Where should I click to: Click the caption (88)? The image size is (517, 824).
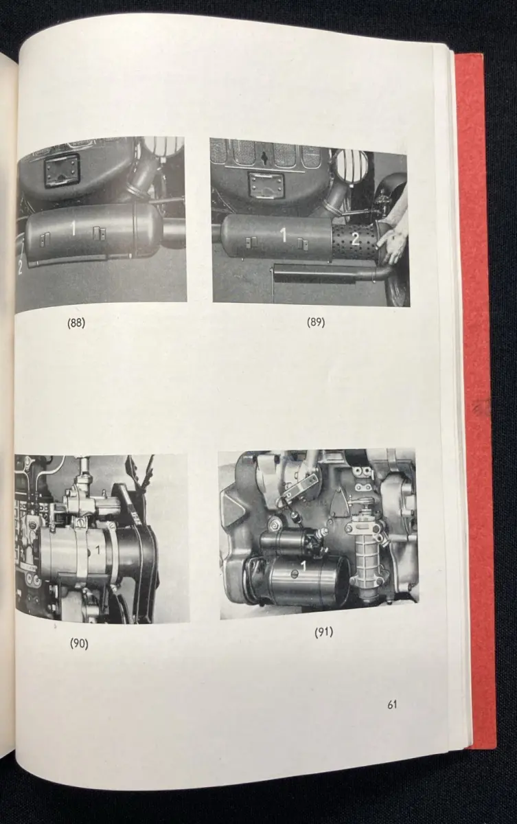76,323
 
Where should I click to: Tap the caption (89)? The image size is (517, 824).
316,322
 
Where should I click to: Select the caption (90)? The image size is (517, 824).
79,644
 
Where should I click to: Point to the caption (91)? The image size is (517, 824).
323,632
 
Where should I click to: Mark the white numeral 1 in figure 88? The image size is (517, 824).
73,229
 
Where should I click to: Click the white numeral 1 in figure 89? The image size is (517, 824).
283,236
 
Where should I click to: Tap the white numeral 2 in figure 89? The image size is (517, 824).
355,240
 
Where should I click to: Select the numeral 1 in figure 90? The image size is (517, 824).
97,550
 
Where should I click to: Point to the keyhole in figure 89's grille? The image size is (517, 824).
264,157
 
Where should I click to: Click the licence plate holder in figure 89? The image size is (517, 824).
265,187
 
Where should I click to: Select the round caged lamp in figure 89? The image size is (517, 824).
354,168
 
